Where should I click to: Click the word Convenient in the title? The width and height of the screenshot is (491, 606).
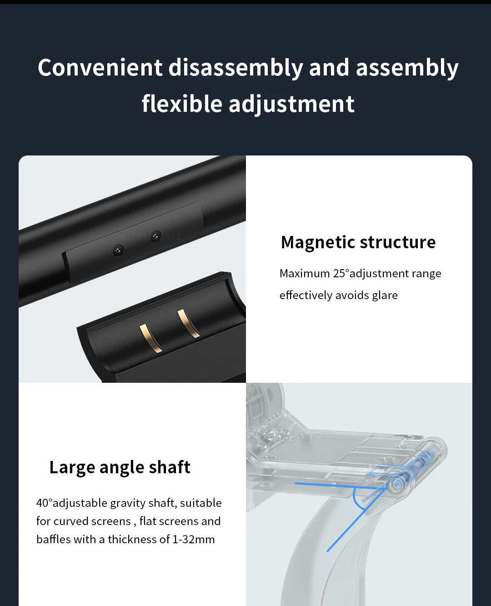click(100, 67)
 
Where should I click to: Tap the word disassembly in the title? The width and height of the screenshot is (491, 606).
click(235, 68)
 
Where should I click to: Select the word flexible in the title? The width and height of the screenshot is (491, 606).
click(182, 103)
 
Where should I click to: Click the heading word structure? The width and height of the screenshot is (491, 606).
click(397, 242)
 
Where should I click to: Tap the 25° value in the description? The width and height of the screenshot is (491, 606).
click(341, 273)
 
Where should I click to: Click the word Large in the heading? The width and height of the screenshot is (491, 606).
click(72, 467)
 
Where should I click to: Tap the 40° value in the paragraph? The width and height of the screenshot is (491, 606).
click(44, 503)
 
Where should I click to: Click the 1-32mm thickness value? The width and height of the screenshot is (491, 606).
click(193, 539)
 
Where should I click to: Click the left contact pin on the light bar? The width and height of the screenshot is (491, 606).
click(118, 250)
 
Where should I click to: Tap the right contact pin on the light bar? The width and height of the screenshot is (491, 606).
click(155, 236)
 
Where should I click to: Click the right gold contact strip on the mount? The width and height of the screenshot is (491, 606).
click(188, 324)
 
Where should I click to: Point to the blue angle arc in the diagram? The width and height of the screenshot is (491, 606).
click(356, 499)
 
